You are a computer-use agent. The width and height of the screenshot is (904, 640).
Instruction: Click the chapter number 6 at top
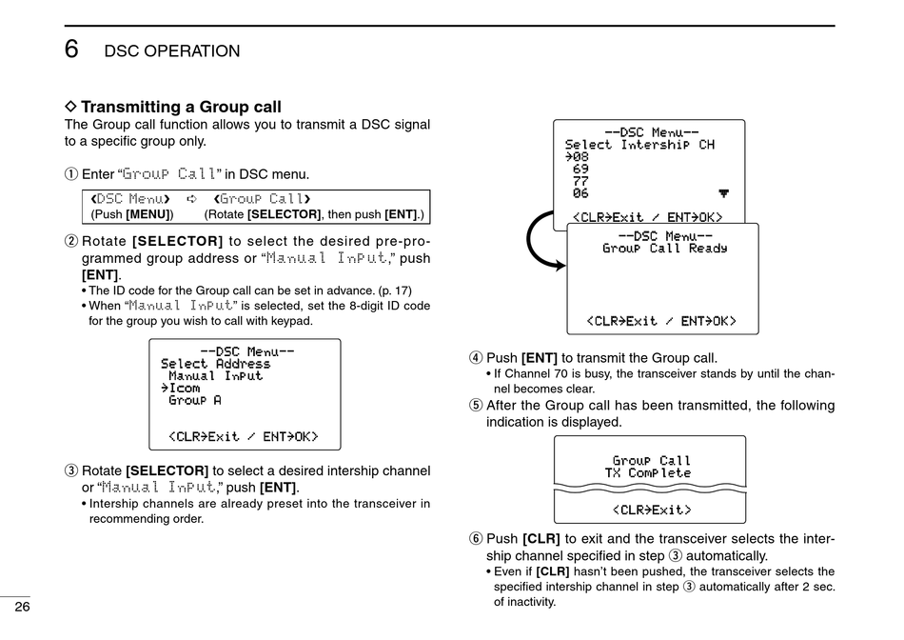pos(72,50)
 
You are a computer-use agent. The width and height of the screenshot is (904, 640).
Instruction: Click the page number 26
pos(22,608)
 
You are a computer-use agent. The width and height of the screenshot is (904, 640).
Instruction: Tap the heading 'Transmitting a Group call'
pos(181,107)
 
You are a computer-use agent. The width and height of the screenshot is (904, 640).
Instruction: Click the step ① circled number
pos(70,174)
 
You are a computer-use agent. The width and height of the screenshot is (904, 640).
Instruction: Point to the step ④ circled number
pos(475,358)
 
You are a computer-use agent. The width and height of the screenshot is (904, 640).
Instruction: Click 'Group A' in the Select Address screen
pos(194,400)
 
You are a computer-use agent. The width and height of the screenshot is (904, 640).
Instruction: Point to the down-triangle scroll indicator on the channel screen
pos(723,193)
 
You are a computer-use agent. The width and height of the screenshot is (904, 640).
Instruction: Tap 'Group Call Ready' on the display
pos(664,249)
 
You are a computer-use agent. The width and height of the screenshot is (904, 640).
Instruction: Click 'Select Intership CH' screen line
pos(639,145)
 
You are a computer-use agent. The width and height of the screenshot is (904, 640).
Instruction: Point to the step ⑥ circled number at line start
pos(475,539)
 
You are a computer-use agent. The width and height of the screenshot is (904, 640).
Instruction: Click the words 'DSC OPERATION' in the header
pos(171,51)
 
